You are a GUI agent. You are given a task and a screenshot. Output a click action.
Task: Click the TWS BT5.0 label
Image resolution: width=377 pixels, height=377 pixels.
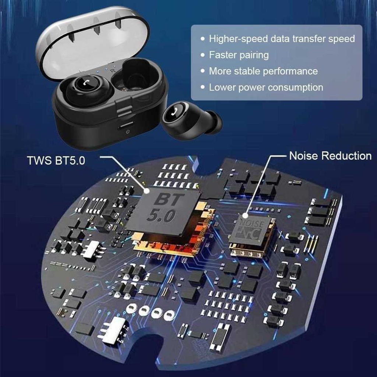pyautogui.click(x=56, y=161)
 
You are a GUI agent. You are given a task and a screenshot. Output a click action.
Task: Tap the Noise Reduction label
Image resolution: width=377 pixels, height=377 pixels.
pyautogui.click(x=330, y=156)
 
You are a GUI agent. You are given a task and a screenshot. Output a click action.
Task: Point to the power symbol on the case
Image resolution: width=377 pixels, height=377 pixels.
pyautogui.click(x=128, y=132)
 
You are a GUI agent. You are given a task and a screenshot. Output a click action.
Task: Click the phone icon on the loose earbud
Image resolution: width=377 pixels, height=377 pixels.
pyautogui.click(x=175, y=112)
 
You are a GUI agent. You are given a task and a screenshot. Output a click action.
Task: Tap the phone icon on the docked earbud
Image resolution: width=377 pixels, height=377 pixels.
pyautogui.click(x=87, y=83)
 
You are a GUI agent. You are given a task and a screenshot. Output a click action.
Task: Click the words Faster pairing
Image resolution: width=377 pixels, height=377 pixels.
pyautogui.click(x=239, y=55)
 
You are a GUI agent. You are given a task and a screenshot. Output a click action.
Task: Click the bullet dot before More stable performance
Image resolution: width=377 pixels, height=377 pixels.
pyautogui.click(x=203, y=71)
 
